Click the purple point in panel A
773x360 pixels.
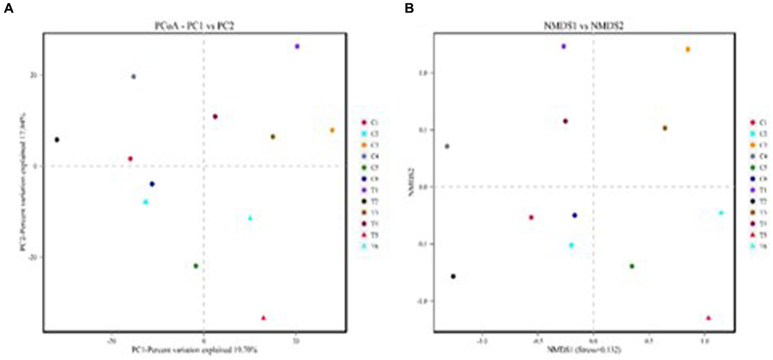pos(297,46)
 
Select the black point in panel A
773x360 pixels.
pos(57,139)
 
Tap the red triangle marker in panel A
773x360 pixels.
pos(263,318)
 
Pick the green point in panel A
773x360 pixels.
pos(196,266)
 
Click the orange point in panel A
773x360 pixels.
pos(332,130)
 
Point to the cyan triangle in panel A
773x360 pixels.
pos(250,218)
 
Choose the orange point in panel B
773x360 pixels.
pos(688,49)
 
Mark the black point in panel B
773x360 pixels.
pos(453,276)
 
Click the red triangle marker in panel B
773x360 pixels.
pos(709,318)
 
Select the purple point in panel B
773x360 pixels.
pos(564,46)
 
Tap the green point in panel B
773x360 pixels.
pos(632,266)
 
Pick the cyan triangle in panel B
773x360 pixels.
pos(721,213)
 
